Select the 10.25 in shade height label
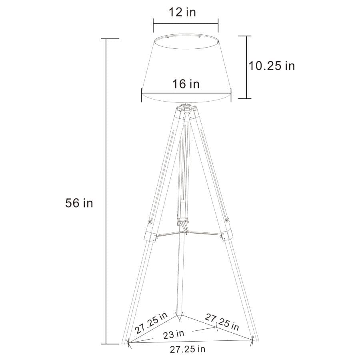(x=272, y=66)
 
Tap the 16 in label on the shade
(x=186, y=84)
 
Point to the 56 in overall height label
(x=79, y=203)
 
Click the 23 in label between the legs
(x=174, y=333)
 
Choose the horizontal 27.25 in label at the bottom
(x=188, y=349)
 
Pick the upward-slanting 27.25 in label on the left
(x=151, y=323)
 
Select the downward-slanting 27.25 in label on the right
(x=222, y=322)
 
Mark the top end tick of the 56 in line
(x=106, y=39)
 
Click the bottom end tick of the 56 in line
(x=106, y=344)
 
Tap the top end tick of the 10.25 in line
(x=246, y=36)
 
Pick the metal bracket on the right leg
(x=226, y=234)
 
